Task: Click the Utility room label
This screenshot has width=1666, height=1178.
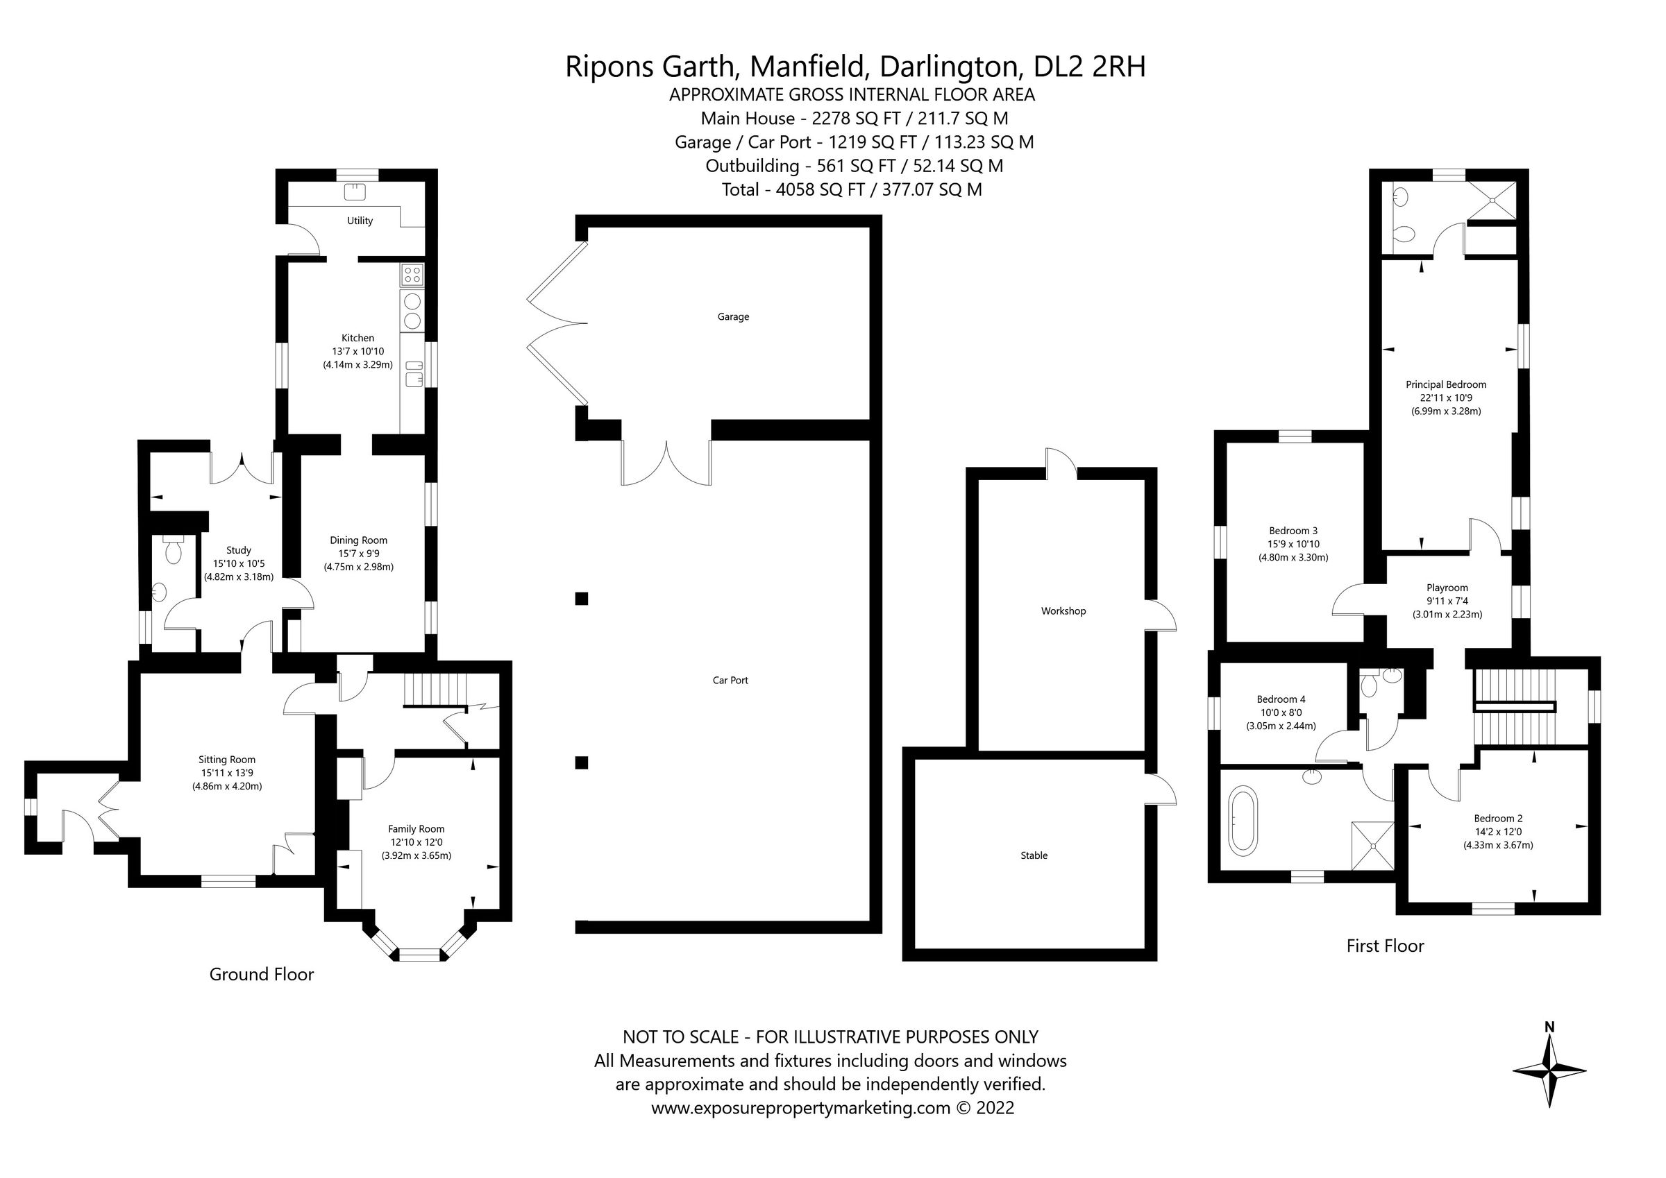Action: point(360,221)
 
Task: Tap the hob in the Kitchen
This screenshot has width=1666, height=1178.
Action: point(412,274)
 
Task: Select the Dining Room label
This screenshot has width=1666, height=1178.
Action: point(358,540)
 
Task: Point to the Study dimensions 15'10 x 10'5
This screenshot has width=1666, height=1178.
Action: point(238,563)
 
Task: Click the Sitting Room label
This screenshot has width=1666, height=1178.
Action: point(227,760)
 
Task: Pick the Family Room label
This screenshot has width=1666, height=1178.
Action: point(416,828)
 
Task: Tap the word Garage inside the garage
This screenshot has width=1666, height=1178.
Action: point(733,316)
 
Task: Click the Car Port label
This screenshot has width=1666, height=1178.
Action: point(730,680)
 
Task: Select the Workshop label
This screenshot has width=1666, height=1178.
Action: point(1063,611)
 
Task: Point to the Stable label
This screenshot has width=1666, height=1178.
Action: point(1034,855)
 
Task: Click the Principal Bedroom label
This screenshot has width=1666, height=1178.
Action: point(1445,384)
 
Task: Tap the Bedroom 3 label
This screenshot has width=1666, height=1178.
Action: point(1293,530)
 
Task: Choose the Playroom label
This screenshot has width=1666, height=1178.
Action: point(1447,588)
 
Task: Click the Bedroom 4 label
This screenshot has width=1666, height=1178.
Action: point(1281,699)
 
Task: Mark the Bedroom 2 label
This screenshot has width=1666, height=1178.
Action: point(1497,818)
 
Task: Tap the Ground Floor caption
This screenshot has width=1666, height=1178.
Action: point(261,974)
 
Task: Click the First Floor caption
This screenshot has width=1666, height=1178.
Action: point(1384,946)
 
